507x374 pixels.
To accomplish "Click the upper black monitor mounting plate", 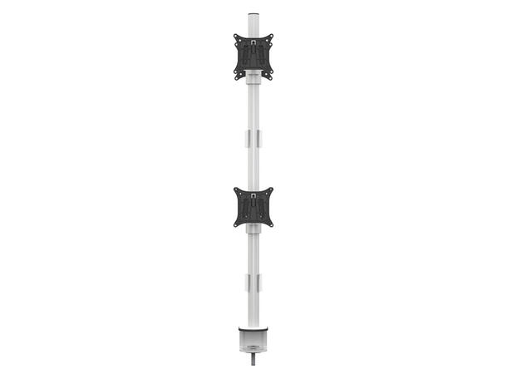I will point(253,56).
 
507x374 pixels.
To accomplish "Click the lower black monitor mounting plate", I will point(253,206).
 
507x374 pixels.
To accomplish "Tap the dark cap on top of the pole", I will point(253,15).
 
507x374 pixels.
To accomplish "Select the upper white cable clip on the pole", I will point(253,138).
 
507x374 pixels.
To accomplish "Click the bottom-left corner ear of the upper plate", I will point(237,76).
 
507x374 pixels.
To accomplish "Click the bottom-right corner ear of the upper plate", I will point(270,76).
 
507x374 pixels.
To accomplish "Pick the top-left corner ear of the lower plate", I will point(236,189).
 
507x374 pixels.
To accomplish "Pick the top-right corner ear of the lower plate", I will point(271,189).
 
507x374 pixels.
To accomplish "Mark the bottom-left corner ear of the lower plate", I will point(237,224).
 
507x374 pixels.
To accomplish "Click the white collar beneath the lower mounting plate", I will point(253,230).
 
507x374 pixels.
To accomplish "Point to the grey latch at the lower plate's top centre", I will point(253,194).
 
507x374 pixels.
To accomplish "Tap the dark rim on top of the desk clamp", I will point(253,329).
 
